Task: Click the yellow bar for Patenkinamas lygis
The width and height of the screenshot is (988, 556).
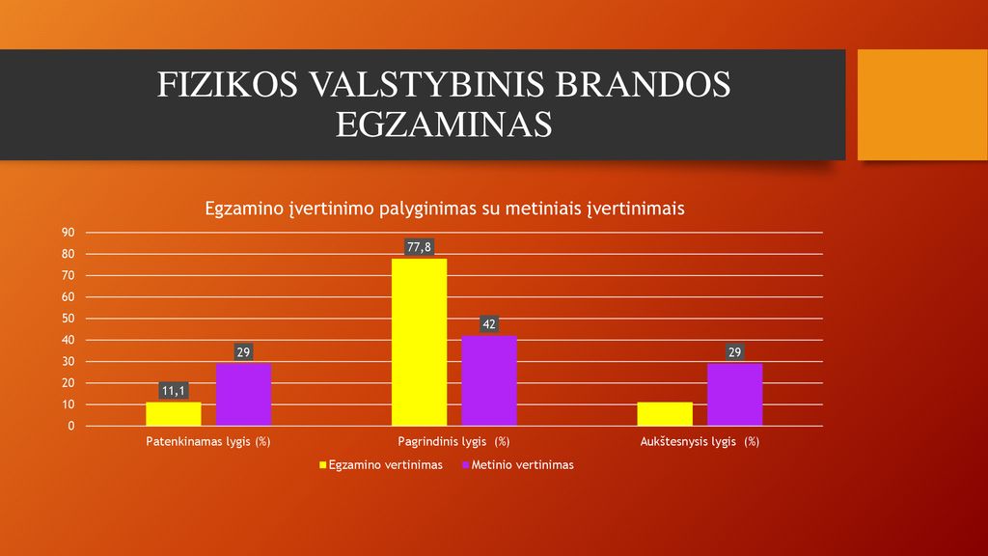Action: (174, 413)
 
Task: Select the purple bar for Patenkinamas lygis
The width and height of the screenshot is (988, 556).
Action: (243, 395)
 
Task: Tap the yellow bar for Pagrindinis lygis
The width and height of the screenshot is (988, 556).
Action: (419, 343)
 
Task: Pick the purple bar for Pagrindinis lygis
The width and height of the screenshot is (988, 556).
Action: (489, 380)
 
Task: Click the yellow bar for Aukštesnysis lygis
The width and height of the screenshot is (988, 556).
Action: (665, 413)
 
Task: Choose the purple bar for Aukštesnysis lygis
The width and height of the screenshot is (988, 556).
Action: (734, 395)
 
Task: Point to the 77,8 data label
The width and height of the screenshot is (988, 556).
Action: (419, 247)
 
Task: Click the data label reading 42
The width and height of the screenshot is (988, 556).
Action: (489, 324)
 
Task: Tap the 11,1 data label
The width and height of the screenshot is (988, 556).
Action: (174, 391)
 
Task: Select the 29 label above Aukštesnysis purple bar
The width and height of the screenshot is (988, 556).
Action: (734, 351)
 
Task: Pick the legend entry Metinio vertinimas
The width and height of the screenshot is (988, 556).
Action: (518, 465)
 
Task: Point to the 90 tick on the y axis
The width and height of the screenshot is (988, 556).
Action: (69, 233)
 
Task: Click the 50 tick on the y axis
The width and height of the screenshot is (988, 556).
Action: (69, 319)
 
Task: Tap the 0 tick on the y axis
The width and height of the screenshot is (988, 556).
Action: (71, 426)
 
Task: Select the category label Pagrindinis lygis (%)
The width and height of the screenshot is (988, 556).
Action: (453, 441)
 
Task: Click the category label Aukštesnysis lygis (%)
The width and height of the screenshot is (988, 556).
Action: (700, 441)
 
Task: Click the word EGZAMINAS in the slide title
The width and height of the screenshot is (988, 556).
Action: (444, 125)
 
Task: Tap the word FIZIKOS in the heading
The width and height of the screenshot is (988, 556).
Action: (228, 85)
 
